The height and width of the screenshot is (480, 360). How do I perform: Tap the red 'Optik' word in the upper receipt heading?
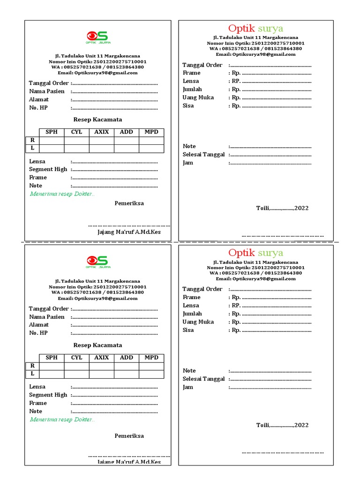[x=241, y=28]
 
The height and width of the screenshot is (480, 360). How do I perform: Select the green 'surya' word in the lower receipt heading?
[x=270, y=253]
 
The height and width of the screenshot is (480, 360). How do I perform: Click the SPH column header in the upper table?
[x=52, y=132]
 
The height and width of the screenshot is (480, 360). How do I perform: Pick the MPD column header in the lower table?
[x=151, y=358]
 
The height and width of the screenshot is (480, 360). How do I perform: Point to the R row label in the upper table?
[x=32, y=140]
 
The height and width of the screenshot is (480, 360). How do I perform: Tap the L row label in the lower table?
[x=32, y=374]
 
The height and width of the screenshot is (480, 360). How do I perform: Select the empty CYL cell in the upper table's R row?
[x=77, y=140]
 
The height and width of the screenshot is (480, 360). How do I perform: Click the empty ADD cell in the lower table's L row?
[x=127, y=374]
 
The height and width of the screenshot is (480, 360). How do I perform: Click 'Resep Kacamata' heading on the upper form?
[x=97, y=120]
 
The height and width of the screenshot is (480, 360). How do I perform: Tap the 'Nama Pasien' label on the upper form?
[x=47, y=91]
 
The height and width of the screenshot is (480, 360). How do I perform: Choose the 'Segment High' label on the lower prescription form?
[x=48, y=395]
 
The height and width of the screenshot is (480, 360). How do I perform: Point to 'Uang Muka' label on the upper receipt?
[x=198, y=97]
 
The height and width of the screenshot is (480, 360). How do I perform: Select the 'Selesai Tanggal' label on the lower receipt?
[x=203, y=379]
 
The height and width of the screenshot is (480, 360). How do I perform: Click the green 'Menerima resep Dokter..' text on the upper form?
[x=62, y=194]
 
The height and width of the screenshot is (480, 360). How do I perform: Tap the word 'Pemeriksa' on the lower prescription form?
[x=129, y=436]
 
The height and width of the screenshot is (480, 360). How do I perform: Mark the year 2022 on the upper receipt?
[x=301, y=208]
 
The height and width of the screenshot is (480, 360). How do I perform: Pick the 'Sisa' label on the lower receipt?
[x=188, y=330]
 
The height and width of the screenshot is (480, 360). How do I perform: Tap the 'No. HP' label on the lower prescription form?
[x=38, y=333]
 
